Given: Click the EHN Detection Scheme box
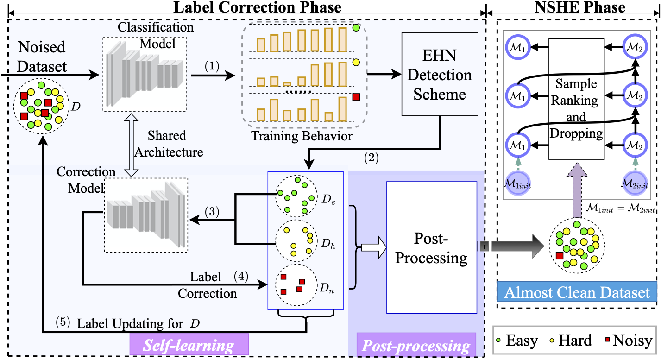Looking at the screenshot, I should coord(439,74).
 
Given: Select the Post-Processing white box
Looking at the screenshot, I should coord(431,247).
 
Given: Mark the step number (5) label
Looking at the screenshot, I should coord(63,323).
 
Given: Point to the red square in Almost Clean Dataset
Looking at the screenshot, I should coord(560,255).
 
